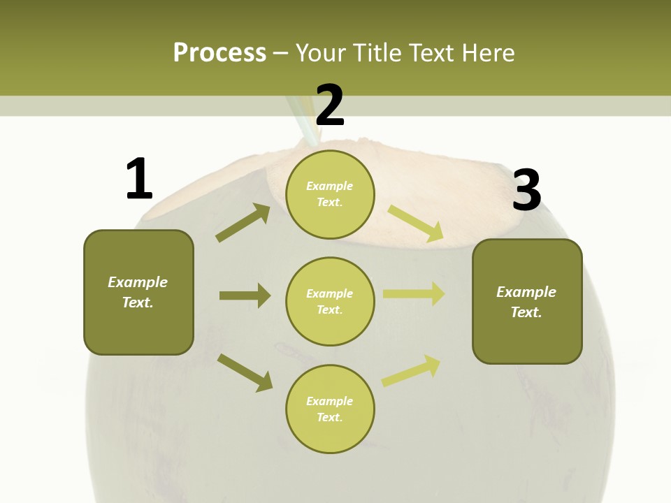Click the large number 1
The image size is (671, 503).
click(x=139, y=179)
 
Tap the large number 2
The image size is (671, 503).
click(x=330, y=105)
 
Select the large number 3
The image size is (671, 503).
click(x=526, y=190)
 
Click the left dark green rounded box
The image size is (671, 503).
click(x=138, y=292)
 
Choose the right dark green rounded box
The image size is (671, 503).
click(x=527, y=302)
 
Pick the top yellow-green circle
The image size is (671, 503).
click(x=330, y=194)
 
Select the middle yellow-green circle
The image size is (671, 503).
click(x=330, y=302)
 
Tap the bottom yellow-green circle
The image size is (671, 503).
click(x=330, y=409)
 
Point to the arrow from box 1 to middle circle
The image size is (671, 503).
click(x=245, y=296)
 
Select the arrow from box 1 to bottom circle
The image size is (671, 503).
click(x=245, y=372)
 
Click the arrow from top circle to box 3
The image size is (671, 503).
click(x=416, y=224)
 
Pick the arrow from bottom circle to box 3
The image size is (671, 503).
click(x=411, y=371)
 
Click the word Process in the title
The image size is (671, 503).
click(x=219, y=52)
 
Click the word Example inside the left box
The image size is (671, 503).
click(x=138, y=282)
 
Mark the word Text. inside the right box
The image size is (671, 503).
click(x=526, y=312)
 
